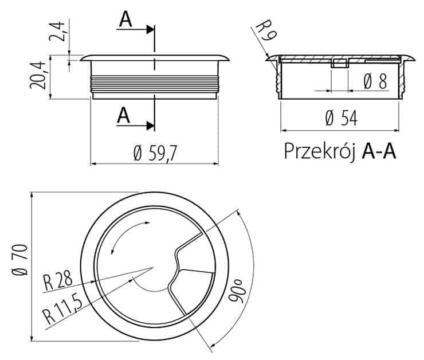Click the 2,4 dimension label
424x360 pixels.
[x=57, y=31]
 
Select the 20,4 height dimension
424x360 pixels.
[x=38, y=75]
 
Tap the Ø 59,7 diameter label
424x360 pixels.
[x=155, y=154]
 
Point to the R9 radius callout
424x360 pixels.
[x=266, y=30]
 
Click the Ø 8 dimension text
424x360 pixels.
[x=375, y=81]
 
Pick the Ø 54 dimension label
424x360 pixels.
[x=341, y=118]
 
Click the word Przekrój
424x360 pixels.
[x=320, y=151]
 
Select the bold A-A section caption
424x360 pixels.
[x=379, y=151]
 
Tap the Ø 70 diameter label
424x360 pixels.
[x=20, y=260]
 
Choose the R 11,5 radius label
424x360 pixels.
[x=62, y=310]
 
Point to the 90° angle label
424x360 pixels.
[x=237, y=291]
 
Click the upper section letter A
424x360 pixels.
[x=125, y=19]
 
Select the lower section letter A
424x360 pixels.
[x=124, y=115]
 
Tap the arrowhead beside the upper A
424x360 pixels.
[x=150, y=29]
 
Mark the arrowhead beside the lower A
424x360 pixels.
[x=150, y=126]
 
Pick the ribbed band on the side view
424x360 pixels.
[x=154, y=83]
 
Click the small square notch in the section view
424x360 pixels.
[x=340, y=64]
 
